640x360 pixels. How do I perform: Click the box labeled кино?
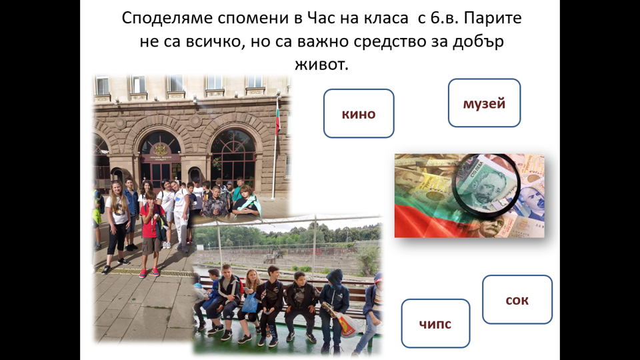pyautogui.click(x=359, y=113)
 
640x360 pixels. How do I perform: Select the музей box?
pyautogui.click(x=484, y=103)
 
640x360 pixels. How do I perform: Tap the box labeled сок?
pyautogui.click(x=517, y=299)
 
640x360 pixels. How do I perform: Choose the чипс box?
pyautogui.click(x=435, y=323)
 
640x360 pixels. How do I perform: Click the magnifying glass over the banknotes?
pyautogui.click(x=487, y=185)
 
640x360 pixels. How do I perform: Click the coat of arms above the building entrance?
pyautogui.click(x=160, y=150)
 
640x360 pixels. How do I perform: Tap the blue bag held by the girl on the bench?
pyautogui.click(x=250, y=303)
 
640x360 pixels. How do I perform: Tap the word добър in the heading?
pyautogui.click(x=478, y=41)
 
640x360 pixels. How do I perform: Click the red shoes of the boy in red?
pyautogui.click(x=149, y=272)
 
